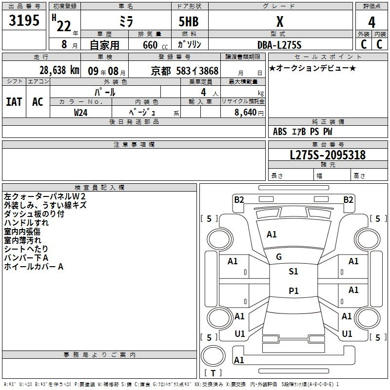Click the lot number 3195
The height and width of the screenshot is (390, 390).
point(25,21)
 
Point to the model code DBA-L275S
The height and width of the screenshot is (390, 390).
point(279,44)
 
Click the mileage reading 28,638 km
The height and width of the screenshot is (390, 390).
point(59,70)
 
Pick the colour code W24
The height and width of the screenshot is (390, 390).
point(81,112)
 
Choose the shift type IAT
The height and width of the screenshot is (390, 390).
point(14,102)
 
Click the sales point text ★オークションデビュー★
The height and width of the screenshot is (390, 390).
point(312,68)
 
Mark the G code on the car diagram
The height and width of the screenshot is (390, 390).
point(279,257)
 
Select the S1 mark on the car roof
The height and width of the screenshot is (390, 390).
point(293,272)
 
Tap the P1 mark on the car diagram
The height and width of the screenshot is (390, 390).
point(293,291)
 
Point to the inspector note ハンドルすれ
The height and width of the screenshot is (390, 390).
point(26,223)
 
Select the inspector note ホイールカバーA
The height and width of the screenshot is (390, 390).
point(34,267)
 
